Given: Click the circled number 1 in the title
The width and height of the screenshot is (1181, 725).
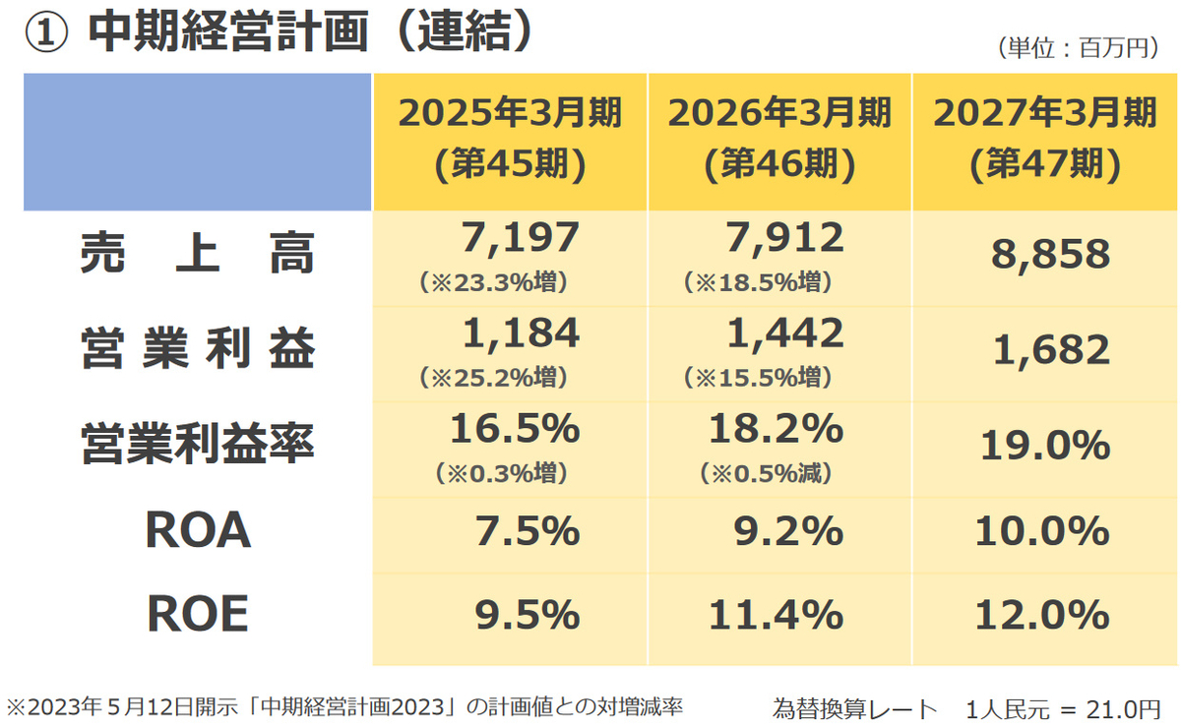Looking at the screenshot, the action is click(46, 32).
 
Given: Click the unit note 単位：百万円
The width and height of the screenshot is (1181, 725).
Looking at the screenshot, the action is click(1079, 48).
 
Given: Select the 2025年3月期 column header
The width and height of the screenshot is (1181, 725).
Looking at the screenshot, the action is click(510, 139).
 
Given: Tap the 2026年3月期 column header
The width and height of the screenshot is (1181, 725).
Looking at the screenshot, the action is click(779, 139).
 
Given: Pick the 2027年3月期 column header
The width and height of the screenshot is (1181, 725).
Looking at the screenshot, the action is click(1045, 139).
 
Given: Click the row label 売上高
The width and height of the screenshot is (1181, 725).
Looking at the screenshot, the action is click(198, 253).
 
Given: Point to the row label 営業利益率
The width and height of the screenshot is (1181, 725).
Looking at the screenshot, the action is click(198, 444).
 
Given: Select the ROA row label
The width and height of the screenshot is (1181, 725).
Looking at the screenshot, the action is click(198, 529).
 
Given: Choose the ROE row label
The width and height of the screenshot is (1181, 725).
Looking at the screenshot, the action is click(198, 613).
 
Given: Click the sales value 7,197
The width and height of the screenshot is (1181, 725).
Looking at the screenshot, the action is click(521, 238).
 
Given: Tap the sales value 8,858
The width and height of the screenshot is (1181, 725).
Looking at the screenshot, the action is click(1051, 255).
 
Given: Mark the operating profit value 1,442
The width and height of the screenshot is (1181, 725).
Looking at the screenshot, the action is click(785, 333).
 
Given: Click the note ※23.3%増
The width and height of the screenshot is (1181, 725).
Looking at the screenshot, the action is click(493, 282).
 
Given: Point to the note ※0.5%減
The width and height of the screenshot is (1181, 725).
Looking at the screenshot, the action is click(766, 472).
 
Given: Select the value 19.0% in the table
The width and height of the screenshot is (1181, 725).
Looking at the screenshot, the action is click(1045, 446).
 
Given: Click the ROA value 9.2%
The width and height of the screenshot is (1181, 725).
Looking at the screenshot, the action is click(788, 531).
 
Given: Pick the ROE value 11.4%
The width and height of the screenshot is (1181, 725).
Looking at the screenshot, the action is click(776, 615).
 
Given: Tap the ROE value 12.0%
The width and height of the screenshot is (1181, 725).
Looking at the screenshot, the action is click(1042, 615).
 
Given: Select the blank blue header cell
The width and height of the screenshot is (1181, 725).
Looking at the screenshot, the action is click(197, 142).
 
